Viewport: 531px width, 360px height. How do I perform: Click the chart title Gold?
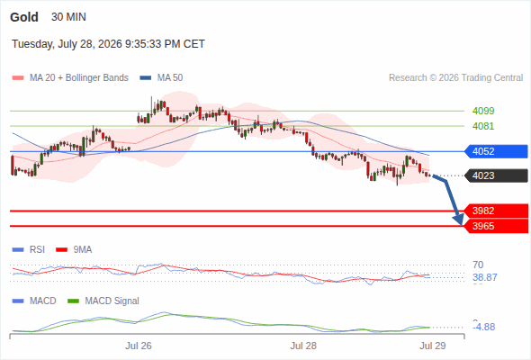click(24, 17)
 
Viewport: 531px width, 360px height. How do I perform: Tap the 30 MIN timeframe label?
click(68, 17)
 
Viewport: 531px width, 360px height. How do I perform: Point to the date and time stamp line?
click(108, 44)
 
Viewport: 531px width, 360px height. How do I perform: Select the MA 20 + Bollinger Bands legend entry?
click(70, 78)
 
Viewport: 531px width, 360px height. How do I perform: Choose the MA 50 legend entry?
click(161, 78)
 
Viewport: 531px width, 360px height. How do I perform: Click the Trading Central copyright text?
click(455, 78)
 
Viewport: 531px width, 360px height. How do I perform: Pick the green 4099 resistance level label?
click(483, 111)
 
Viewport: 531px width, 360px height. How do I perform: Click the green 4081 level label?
click(483, 126)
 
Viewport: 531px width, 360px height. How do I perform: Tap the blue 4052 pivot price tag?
click(496, 151)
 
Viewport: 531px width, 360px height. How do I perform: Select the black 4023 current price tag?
click(496, 175)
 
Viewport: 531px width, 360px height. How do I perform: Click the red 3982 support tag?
click(496, 211)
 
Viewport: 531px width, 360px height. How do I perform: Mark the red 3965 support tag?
click(496, 226)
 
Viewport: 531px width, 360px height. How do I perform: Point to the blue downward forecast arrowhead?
click(459, 220)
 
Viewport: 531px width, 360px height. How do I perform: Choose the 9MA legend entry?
click(74, 249)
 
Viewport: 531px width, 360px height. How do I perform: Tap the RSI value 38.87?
click(485, 277)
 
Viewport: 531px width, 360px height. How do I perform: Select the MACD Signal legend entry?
click(103, 301)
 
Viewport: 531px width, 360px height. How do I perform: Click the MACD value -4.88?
click(484, 327)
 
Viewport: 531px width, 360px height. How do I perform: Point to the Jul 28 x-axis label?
click(303, 346)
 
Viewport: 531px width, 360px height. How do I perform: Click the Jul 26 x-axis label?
click(139, 346)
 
